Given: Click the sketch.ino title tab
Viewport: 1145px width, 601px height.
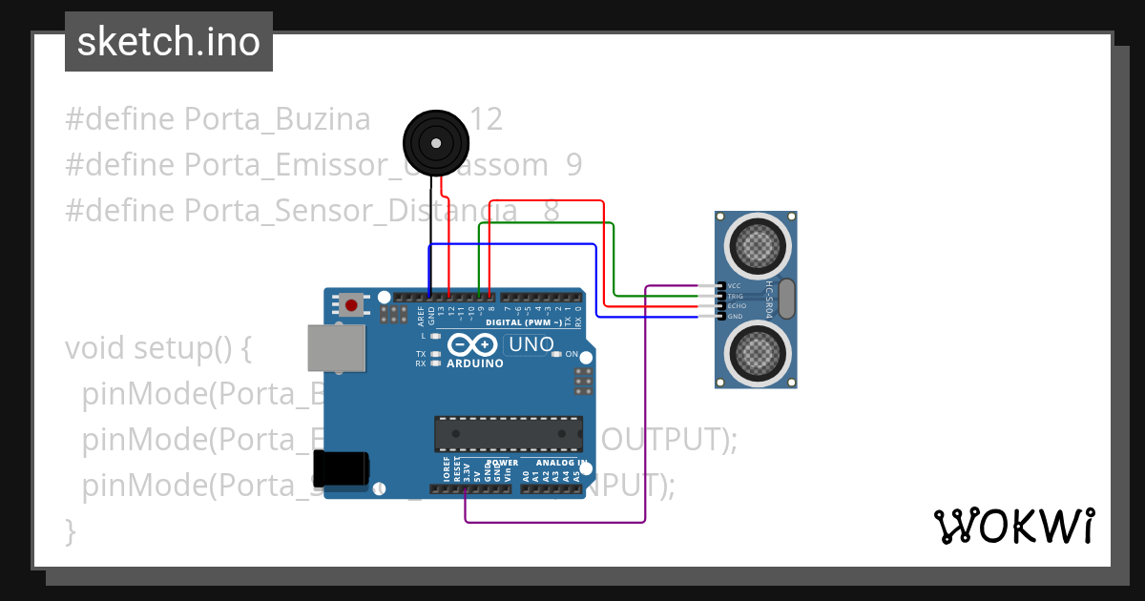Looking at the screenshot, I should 169,42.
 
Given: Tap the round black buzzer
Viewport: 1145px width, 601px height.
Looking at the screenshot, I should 436,143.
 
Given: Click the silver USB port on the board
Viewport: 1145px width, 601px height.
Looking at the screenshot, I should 336,348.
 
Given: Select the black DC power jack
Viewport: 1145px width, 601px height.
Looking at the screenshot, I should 341,468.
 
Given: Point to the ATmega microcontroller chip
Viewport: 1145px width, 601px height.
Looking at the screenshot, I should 509,433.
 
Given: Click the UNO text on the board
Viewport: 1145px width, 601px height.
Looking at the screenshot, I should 530,344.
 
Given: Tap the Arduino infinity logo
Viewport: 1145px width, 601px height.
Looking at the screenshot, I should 474,344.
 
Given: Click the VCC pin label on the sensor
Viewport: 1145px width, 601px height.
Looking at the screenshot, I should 735,285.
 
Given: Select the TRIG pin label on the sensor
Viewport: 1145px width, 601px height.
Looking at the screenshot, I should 736,296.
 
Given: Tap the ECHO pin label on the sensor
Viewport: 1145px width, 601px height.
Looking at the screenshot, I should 736,306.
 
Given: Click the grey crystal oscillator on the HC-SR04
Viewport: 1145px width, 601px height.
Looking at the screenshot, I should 786,299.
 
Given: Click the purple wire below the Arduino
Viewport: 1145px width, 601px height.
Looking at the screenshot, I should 553,522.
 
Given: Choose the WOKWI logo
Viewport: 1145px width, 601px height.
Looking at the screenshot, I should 1012,526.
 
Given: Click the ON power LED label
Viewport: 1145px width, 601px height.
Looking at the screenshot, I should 572,354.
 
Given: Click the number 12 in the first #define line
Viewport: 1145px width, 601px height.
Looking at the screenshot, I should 487,119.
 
